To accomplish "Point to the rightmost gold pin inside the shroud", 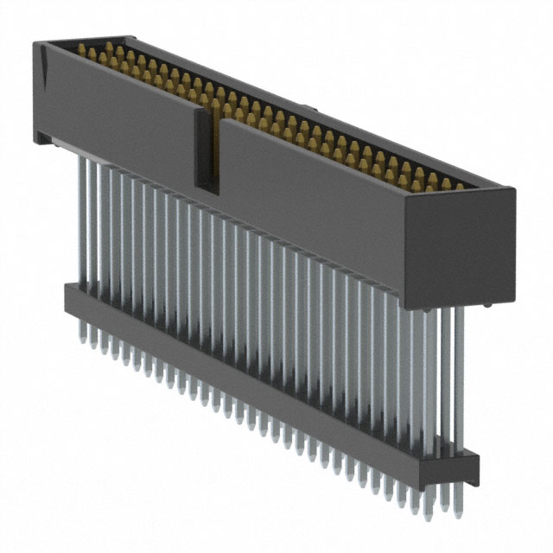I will pyautogui.click(x=458, y=183).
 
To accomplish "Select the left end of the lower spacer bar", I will pyautogui.click(x=69, y=297).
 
